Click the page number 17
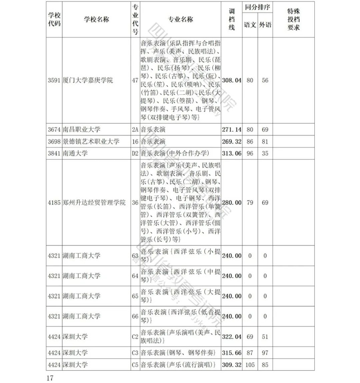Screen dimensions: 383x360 tap(50, 378)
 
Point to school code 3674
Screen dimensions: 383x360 tap(53, 130)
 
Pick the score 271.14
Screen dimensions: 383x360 tap(231, 130)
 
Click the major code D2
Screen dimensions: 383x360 tap(135, 153)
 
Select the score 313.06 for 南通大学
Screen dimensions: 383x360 tap(231, 153)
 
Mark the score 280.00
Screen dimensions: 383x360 tap(231, 203)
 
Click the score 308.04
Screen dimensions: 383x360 tap(231, 81)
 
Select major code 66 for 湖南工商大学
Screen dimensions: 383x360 tap(135, 316)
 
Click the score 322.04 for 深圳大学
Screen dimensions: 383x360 tap(231, 337)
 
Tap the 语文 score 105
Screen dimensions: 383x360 tap(250, 365)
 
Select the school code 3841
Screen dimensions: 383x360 tap(53, 153)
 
